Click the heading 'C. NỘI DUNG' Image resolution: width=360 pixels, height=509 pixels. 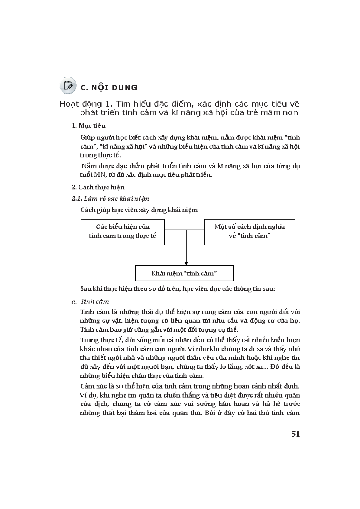pyautogui.click(x=109, y=88)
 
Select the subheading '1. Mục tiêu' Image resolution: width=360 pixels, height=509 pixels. pyautogui.click(x=89, y=126)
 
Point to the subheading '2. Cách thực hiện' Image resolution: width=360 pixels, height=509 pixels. pyautogui.click(x=98, y=187)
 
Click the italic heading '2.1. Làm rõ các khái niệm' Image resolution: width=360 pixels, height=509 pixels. pyautogui.click(x=111, y=199)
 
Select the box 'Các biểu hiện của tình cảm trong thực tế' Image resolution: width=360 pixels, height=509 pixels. pyautogui.click(x=122, y=232)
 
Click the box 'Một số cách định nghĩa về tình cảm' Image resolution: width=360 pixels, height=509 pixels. pyautogui.click(x=249, y=232)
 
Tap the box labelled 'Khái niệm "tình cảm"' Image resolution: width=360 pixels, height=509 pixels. pyautogui.click(x=184, y=273)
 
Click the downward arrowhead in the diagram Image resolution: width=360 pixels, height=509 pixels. pyautogui.click(x=186, y=263)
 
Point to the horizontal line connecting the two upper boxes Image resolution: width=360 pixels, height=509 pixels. pyautogui.click(x=175, y=230)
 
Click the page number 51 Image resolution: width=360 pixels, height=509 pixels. pyautogui.click(x=295, y=434)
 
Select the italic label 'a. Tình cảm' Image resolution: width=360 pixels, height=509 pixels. pyautogui.click(x=90, y=301)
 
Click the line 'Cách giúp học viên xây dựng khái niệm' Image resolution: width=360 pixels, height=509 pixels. pyautogui.click(x=139, y=210)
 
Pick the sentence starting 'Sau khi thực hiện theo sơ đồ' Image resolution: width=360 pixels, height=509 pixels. pyautogui.click(x=177, y=289)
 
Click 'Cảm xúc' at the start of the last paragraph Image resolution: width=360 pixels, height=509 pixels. pyautogui.click(x=90, y=386)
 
